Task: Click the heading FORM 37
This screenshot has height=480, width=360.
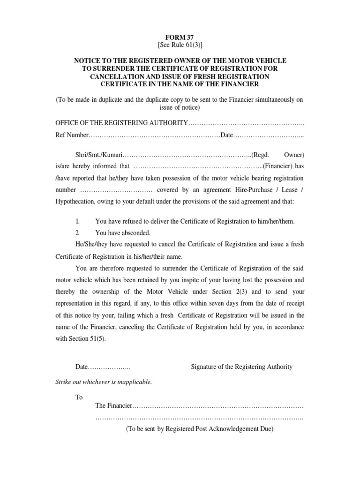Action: coord(180,37)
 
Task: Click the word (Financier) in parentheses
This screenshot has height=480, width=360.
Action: coord(277,166)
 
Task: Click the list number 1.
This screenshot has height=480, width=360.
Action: coord(78,221)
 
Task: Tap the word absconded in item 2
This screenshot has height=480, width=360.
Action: coord(136,232)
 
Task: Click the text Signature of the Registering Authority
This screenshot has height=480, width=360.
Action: coord(241,367)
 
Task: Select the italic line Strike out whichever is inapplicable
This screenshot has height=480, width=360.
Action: coord(104,382)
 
